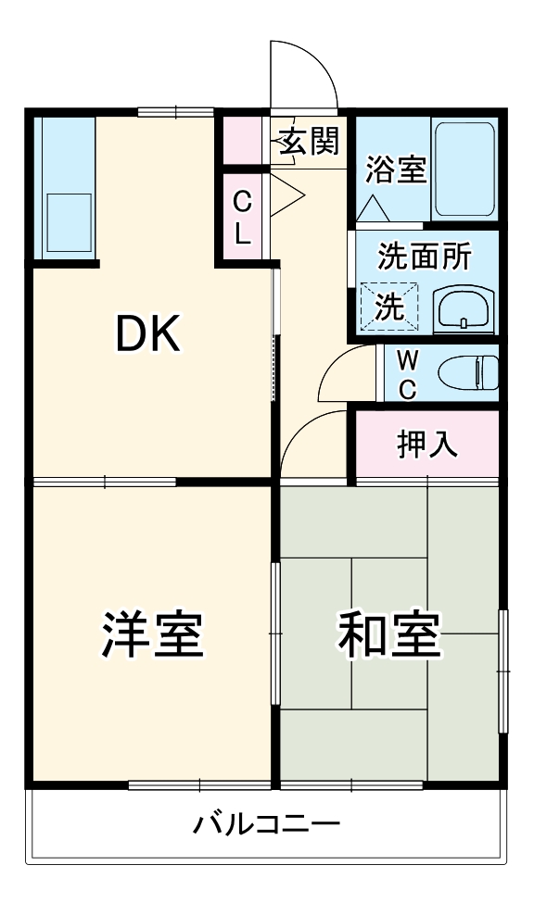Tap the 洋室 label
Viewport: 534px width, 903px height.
(x=151, y=634)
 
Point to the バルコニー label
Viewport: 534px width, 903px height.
(x=266, y=823)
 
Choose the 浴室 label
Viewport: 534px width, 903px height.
(x=396, y=170)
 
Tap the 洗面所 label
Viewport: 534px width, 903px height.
(x=424, y=257)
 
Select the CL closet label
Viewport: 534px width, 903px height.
(x=241, y=217)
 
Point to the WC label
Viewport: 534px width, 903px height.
(x=407, y=373)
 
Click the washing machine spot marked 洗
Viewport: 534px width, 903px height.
(x=390, y=306)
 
